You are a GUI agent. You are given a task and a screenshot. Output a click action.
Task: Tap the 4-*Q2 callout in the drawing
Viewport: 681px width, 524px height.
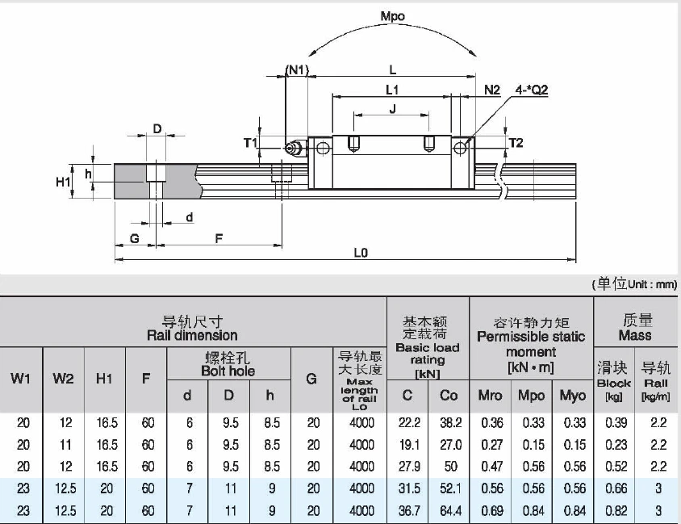pos(530,90)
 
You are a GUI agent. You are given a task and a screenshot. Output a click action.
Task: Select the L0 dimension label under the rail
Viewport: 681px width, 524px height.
pos(360,252)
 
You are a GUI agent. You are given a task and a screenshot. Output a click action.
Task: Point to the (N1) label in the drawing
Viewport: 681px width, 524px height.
pos(297,69)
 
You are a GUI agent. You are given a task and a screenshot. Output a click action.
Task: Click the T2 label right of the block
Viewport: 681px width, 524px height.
pos(516,143)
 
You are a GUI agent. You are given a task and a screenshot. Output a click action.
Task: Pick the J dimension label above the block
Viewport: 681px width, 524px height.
pos(392,111)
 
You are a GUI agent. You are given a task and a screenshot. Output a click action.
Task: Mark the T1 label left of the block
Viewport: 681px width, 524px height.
pos(250,143)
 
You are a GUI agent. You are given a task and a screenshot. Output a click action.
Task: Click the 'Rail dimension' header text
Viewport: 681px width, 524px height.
pos(192,335)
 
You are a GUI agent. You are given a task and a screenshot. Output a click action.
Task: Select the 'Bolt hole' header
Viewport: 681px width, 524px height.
pos(228,371)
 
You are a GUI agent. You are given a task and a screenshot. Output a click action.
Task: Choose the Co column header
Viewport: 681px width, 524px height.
pos(449,396)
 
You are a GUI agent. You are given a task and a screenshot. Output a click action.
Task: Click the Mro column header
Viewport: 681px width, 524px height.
pos(491,396)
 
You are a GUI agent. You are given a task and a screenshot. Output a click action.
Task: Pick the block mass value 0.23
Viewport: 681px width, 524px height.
pos(613,444)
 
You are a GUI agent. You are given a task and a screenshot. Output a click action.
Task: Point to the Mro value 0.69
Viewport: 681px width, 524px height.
pos(491,510)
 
